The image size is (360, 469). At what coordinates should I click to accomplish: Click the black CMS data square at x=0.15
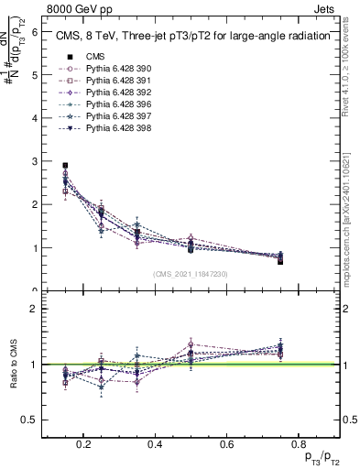tap(65, 166)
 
